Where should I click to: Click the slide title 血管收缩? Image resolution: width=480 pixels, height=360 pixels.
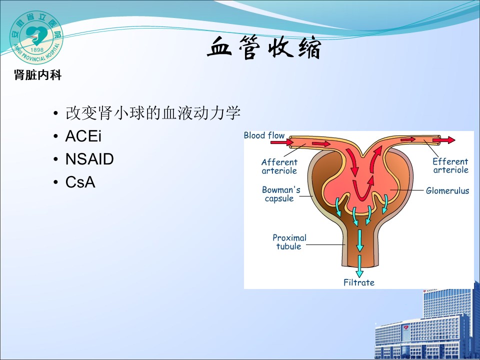(264, 47)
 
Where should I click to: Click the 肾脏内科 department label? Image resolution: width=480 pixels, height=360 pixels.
(37, 75)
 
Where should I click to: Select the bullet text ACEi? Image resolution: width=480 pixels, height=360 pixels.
(83, 136)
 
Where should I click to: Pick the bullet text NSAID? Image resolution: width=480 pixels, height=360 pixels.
(89, 159)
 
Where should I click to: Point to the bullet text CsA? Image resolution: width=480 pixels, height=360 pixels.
(80, 182)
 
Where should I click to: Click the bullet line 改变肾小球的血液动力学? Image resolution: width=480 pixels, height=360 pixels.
(153, 113)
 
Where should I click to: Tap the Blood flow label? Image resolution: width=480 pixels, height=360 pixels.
(264, 135)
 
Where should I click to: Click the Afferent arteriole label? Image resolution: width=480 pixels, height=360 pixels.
(279, 166)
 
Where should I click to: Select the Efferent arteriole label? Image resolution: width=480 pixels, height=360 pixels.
(450, 165)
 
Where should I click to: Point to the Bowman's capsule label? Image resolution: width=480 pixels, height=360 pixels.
(280, 194)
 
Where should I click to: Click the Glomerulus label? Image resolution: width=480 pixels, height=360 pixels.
(447, 190)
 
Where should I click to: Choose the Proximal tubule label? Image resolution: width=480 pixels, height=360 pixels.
(289, 242)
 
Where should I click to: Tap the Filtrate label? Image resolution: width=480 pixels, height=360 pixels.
(359, 282)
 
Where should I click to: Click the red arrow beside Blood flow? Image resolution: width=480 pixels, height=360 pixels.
(281, 142)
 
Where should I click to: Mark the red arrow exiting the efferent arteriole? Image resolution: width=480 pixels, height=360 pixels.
(444, 140)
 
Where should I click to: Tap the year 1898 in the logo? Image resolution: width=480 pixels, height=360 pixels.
(37, 49)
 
